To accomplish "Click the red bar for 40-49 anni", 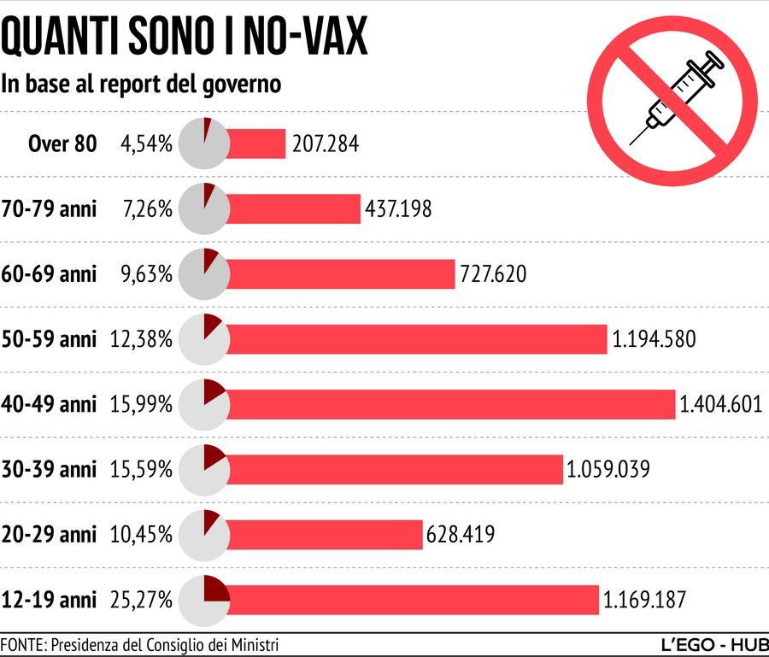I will pyautogui.click(x=451, y=404).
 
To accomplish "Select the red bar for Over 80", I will pyautogui.click(x=256, y=144).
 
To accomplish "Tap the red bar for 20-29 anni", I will pyautogui.click(x=325, y=535).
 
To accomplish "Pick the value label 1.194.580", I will pyautogui.click(x=654, y=339).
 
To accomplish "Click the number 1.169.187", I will pyautogui.click(x=644, y=600).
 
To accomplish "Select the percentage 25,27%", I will pyautogui.click(x=141, y=600).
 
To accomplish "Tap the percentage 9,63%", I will pyautogui.click(x=146, y=274).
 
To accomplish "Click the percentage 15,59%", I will pyautogui.click(x=141, y=469).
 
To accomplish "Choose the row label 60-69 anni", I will pyautogui.click(x=50, y=274).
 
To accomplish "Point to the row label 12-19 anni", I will pyautogui.click(x=50, y=600).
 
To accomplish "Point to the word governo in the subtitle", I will pyautogui.click(x=242, y=85).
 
